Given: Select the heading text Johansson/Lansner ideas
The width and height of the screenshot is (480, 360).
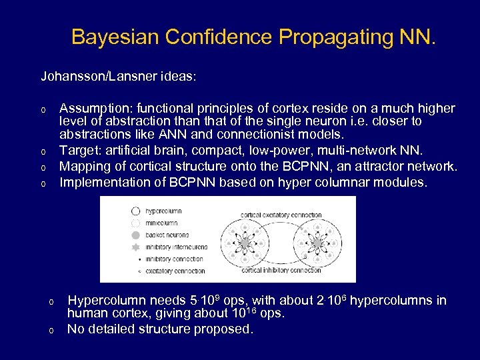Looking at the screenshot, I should coord(119,77).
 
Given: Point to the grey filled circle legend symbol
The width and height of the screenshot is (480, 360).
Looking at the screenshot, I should coord(136,235).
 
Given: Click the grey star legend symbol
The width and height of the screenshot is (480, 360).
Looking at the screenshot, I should coord(136,247).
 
